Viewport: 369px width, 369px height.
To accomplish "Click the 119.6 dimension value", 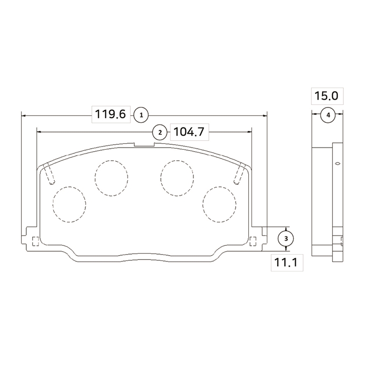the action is pos(111,114).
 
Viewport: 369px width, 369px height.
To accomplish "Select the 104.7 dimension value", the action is pos(189,132).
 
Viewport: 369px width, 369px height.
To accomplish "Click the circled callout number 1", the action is pos(141,115).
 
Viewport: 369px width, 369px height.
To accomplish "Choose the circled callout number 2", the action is pos(160,132).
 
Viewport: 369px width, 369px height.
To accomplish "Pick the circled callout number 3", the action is pos(286,239).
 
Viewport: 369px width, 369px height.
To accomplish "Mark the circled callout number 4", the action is pos(328,115).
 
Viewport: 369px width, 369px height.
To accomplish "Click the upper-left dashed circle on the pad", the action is pos(112,160).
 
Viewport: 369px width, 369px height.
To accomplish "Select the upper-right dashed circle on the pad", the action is pos(177,160).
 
